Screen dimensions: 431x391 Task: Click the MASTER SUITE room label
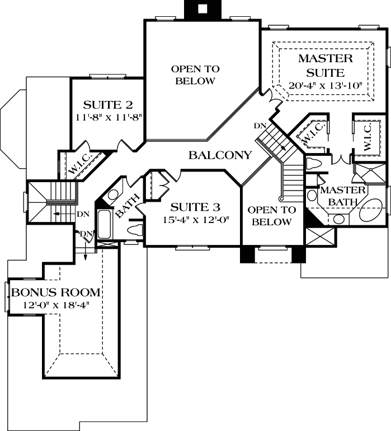pyautogui.click(x=325, y=66)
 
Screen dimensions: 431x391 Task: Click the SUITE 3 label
pyautogui.click(x=191, y=206)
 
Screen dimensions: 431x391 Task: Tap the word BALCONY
pyautogui.click(x=219, y=155)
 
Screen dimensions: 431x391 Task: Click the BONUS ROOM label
pyautogui.click(x=56, y=292)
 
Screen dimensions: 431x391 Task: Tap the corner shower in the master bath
pyautogui.click(x=370, y=175)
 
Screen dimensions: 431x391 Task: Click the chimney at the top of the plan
pyautogui.click(x=202, y=8)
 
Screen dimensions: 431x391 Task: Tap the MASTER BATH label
pyautogui.click(x=342, y=196)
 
